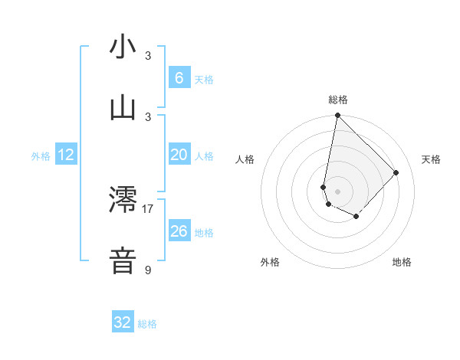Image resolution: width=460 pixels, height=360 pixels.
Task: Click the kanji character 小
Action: pyautogui.click(x=123, y=47)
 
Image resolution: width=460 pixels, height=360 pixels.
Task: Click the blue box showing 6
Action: pyautogui.click(x=179, y=78)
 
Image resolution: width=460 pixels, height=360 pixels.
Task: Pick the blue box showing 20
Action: pyautogui.click(x=179, y=155)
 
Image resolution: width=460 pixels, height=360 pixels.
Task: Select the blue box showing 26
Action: pyautogui.click(x=179, y=231)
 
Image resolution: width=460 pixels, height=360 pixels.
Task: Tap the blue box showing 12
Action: pyautogui.click(x=66, y=155)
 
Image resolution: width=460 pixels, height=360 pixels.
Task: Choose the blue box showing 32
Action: pyautogui.click(x=123, y=322)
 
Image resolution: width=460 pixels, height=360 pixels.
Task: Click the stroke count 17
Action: pyautogui.click(x=148, y=208)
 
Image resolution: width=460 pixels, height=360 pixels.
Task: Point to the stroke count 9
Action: pyautogui.click(x=148, y=270)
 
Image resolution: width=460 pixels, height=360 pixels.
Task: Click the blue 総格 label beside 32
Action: pyautogui.click(x=148, y=324)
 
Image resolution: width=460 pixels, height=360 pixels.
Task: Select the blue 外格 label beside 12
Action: pyautogui.click(x=41, y=156)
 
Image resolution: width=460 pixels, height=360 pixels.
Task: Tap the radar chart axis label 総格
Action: pyautogui.click(x=338, y=100)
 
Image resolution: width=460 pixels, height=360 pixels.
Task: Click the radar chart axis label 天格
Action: pyautogui.click(x=431, y=159)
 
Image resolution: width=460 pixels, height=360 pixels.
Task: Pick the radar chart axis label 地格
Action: pyautogui.click(x=402, y=262)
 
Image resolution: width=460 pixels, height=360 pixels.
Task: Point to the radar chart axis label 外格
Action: pyautogui.click(x=270, y=262)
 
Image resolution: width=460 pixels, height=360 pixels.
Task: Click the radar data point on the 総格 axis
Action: pyautogui.click(x=337, y=115)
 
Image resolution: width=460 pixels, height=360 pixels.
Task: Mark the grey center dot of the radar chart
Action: pyautogui.click(x=337, y=191)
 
